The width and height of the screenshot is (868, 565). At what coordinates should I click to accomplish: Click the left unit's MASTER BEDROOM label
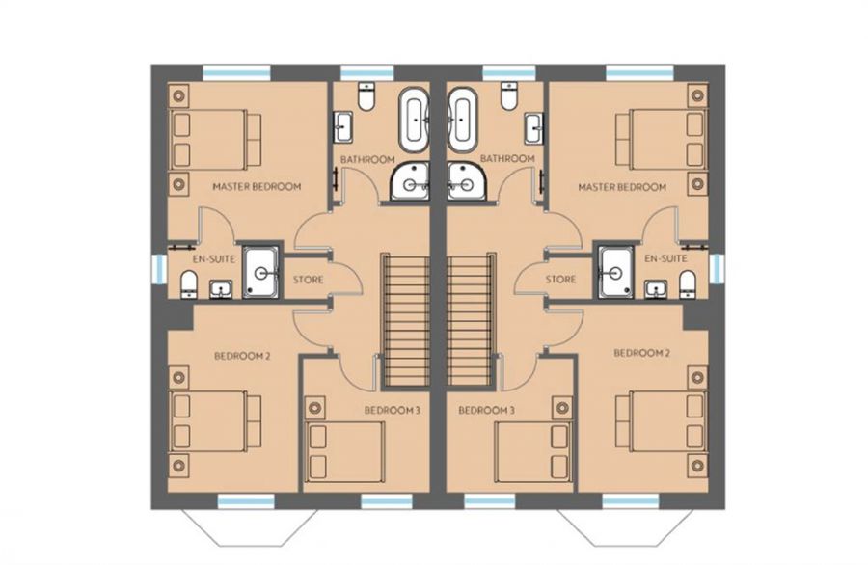257,186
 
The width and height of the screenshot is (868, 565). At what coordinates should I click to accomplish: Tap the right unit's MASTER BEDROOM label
622,187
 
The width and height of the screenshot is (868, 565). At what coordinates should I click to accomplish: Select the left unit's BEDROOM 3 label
392,410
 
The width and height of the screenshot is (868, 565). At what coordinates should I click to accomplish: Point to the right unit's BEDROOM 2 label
641,353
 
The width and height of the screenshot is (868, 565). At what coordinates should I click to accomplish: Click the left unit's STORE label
308,280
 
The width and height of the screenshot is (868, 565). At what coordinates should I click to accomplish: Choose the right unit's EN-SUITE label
665,258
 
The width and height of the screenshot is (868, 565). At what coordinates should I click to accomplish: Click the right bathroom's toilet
508,95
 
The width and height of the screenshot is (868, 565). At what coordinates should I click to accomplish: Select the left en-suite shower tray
261,272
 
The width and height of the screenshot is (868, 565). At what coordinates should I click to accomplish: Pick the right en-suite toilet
687,283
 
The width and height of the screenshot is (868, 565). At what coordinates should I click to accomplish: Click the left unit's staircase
405,319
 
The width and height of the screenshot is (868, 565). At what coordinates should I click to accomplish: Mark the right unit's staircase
471,319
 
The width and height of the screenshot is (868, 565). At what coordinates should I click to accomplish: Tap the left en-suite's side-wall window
159,269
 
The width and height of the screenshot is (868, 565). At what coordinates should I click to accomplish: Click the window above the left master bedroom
236,72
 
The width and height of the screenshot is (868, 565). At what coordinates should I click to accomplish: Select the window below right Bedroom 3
489,501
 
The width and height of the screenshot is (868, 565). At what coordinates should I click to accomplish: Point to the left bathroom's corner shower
410,180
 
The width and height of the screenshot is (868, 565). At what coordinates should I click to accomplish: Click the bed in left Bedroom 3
345,451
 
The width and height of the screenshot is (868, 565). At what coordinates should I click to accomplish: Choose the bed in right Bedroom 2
661,420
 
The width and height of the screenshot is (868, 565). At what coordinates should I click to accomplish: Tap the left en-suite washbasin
221,289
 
